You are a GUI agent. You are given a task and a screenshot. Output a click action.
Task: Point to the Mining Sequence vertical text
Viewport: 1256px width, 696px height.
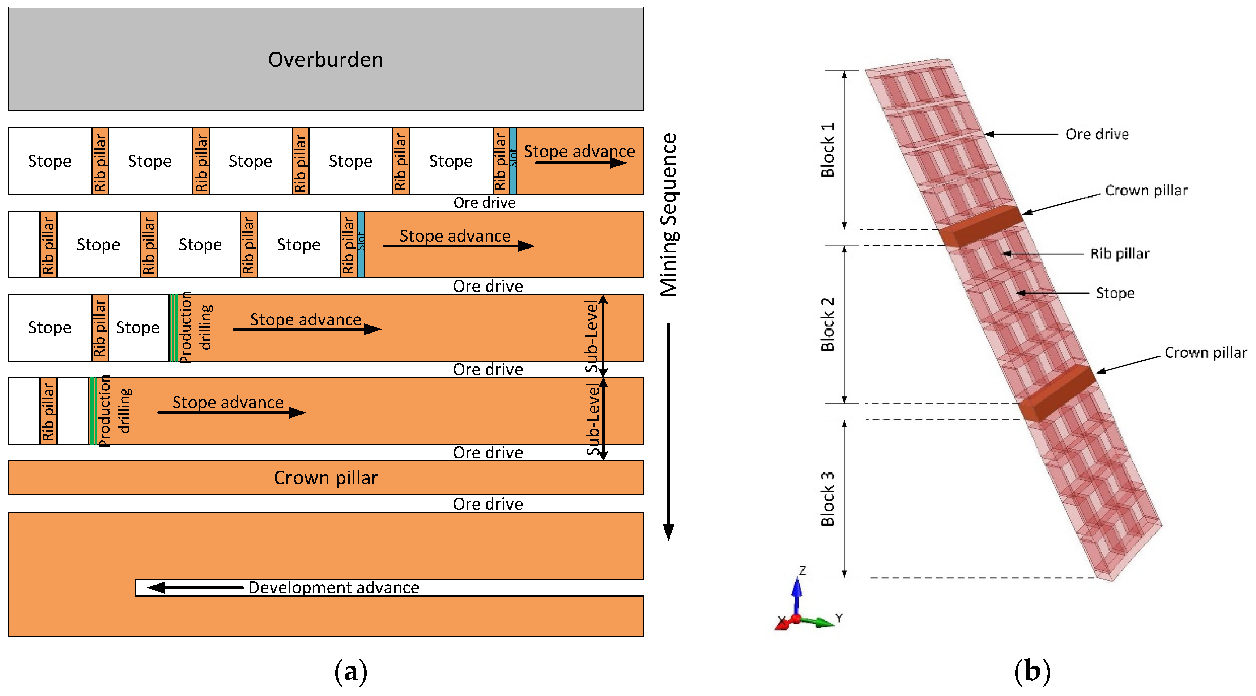(669, 215)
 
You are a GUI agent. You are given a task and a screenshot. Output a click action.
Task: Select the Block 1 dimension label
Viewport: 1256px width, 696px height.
(828, 150)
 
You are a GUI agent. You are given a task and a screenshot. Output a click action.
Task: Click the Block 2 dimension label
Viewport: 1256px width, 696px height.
(828, 324)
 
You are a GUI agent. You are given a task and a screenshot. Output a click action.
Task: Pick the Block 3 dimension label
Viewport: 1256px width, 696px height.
(828, 498)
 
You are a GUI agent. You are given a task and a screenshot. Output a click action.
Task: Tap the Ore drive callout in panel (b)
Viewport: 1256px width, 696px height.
(1097, 134)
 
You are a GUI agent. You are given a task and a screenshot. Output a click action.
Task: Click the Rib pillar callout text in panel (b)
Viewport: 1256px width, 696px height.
(1120, 254)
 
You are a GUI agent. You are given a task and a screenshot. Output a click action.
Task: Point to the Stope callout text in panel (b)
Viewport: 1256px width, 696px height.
(1115, 293)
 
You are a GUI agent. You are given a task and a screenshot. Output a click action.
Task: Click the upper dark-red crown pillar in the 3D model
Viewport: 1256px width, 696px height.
(981, 226)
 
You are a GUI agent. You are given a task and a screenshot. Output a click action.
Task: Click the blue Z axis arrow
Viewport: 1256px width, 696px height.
(797, 593)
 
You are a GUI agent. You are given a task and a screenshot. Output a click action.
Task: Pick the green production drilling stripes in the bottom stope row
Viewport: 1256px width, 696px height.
(93, 411)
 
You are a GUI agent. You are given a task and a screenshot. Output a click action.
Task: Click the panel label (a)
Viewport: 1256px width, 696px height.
(350, 672)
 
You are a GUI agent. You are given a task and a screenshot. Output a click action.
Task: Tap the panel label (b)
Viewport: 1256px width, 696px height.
(1032, 672)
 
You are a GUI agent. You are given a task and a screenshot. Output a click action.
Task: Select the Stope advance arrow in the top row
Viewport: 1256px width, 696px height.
(580, 163)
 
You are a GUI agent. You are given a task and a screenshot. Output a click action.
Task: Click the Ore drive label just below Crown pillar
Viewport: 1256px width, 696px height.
(488, 504)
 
